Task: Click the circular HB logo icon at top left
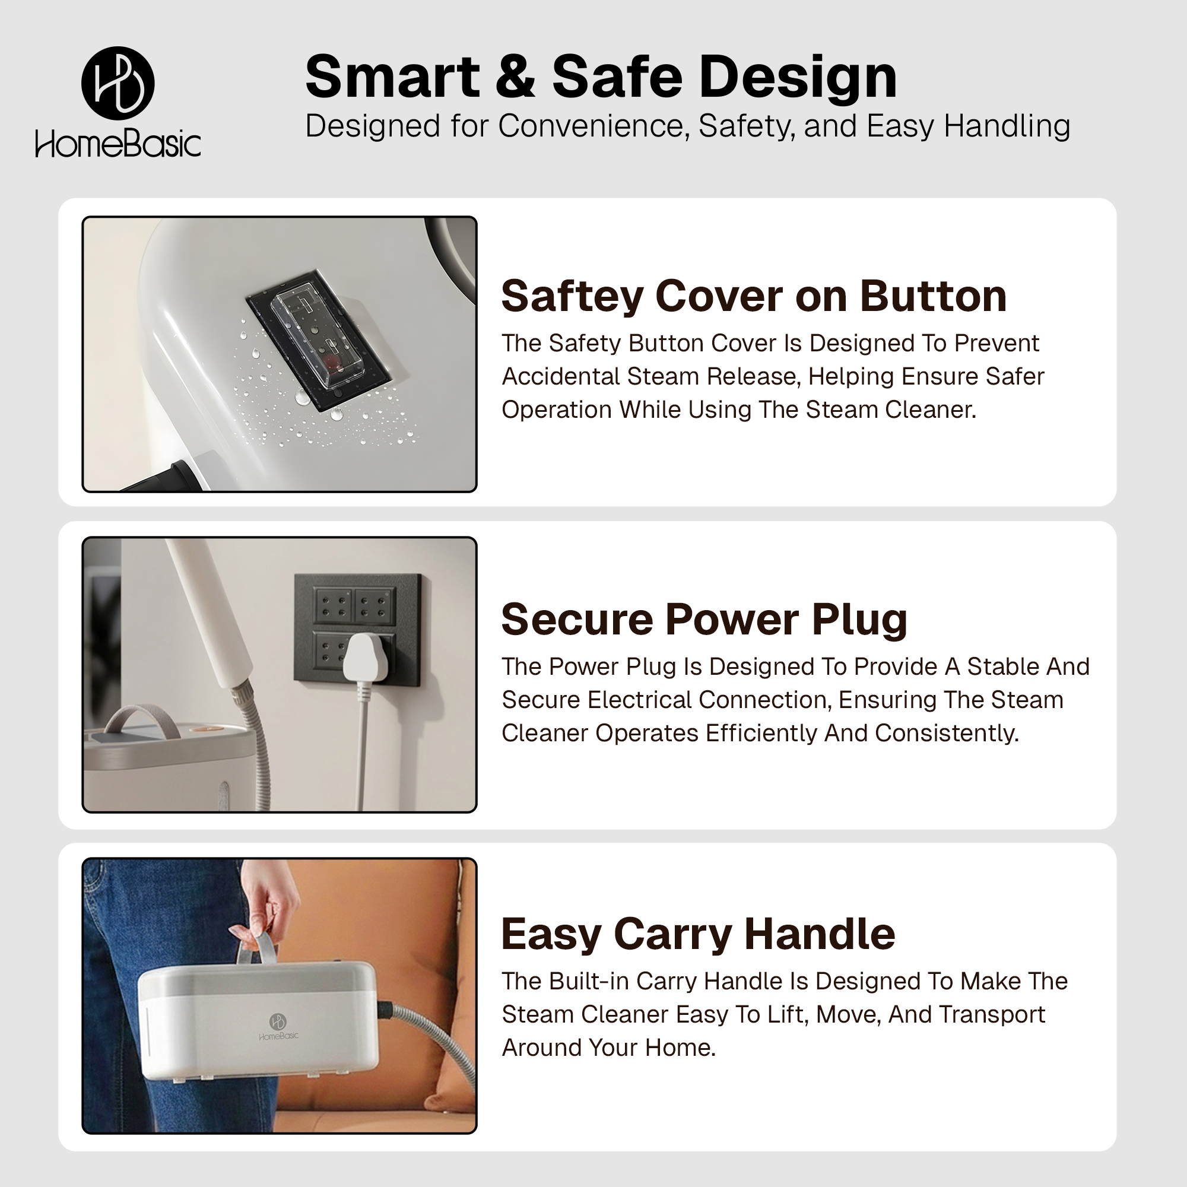118,83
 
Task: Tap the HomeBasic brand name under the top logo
118,144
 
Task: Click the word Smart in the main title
392,77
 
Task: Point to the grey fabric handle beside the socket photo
142,720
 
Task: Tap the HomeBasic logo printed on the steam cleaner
278,1027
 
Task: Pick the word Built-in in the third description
589,981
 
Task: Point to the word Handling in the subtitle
1007,126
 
